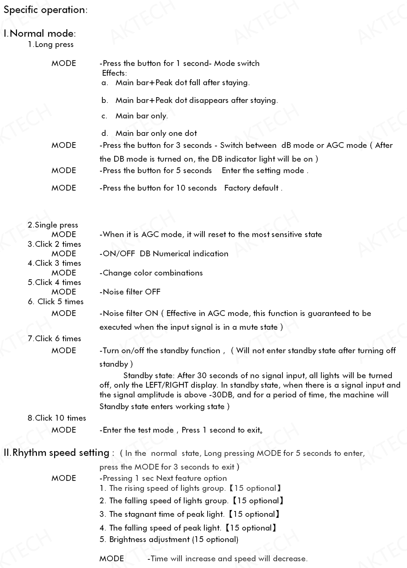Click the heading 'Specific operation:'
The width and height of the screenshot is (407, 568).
[x=45, y=10]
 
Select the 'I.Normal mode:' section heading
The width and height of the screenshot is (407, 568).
[x=40, y=33]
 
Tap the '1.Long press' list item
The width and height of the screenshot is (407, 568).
[x=51, y=45]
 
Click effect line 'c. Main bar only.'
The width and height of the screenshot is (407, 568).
[x=135, y=116]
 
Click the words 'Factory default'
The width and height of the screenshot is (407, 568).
[x=251, y=188]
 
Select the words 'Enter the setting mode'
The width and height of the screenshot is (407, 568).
[x=263, y=171]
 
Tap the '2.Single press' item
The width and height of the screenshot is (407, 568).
[x=53, y=225]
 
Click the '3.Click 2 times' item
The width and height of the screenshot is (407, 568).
[x=54, y=244]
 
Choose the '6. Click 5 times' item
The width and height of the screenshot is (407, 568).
[x=56, y=302]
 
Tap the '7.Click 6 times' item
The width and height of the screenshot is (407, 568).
[x=54, y=339]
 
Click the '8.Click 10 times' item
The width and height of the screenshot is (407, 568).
[x=57, y=418]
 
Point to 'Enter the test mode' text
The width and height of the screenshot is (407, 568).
[x=138, y=430]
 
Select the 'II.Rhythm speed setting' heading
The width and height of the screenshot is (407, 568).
[x=56, y=453]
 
